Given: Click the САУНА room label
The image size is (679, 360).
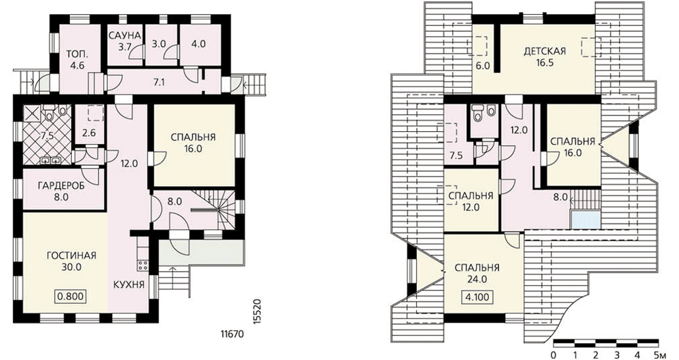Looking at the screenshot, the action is tap(125, 35).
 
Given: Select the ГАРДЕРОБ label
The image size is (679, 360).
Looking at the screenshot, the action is tap(61, 186).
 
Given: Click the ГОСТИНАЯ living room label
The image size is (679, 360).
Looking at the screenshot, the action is tap(71, 255).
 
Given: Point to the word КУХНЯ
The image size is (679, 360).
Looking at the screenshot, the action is tap(129, 285).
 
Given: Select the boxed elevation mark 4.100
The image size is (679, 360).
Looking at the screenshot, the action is tap(477, 298).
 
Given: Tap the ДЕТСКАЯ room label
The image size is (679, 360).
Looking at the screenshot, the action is tap(545, 51).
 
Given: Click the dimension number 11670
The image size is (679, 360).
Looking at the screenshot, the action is tap(232, 334).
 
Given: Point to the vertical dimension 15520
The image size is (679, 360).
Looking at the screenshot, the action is tap(257, 310).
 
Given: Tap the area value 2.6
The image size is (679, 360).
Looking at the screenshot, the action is tap(89, 133).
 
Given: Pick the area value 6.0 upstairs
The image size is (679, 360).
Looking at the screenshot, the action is tap(483, 67).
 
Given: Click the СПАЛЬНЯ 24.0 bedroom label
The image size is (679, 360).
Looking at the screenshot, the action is tap(477, 273).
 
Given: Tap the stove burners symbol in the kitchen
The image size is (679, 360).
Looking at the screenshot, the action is tap(143, 263).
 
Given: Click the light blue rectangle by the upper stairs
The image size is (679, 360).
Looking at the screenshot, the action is tap(585, 219).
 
